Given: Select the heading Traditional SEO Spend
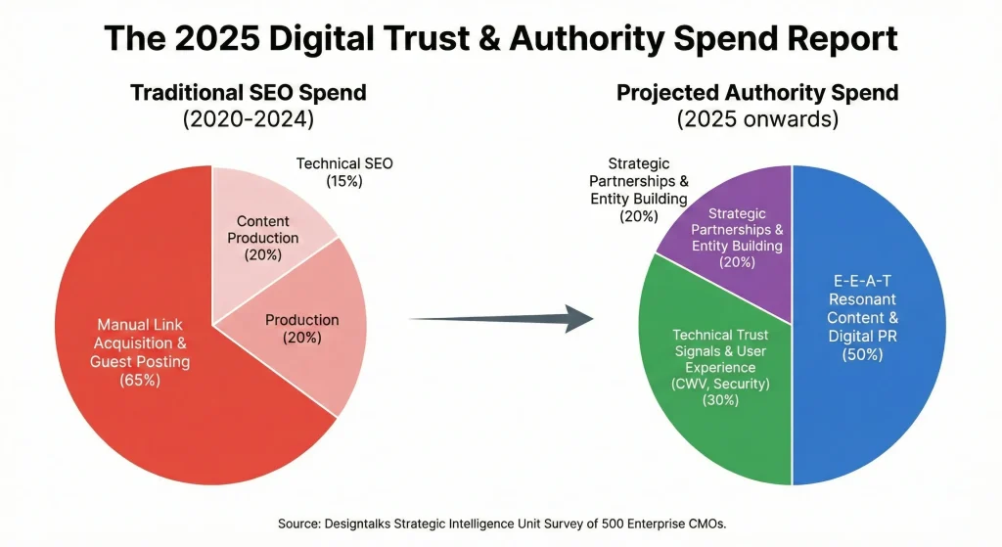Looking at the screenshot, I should pyautogui.click(x=249, y=94).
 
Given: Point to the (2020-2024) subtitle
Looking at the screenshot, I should pyautogui.click(x=249, y=121).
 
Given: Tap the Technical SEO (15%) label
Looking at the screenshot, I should pyautogui.click(x=343, y=172).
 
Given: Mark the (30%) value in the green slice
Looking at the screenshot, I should pyautogui.click(x=719, y=399).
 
